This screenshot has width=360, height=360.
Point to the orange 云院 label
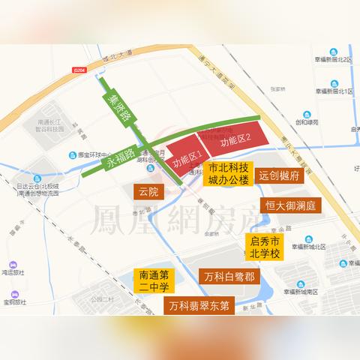[148, 192]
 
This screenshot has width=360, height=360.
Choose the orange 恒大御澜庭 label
[292, 205]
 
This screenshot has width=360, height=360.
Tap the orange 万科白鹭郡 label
[229, 276]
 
